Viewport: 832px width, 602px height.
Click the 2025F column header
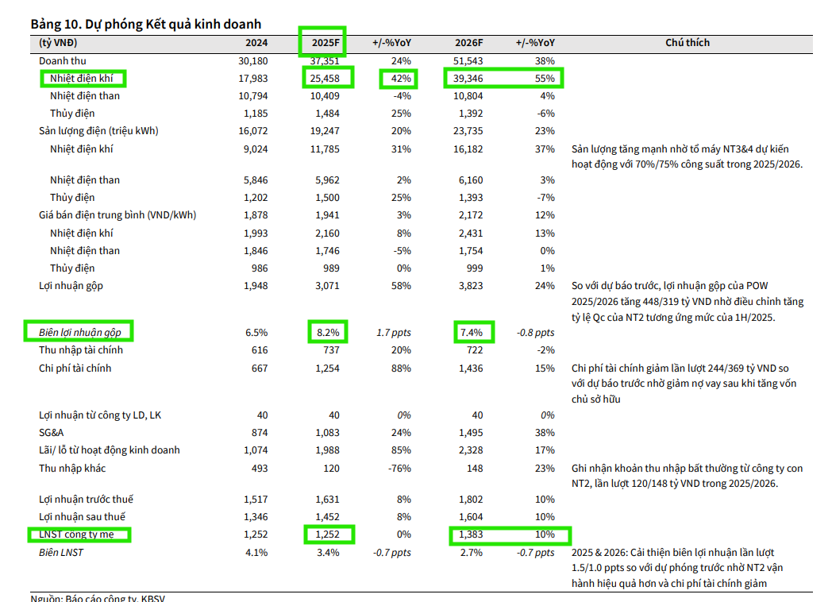click(x=325, y=42)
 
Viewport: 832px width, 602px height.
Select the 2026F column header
click(x=470, y=42)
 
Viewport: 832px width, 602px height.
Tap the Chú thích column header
click(x=688, y=42)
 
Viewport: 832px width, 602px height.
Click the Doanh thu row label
click(x=63, y=60)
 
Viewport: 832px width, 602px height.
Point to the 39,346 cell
click(x=470, y=78)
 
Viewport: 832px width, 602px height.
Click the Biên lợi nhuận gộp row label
click(x=81, y=330)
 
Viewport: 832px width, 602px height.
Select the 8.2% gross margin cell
click(x=328, y=332)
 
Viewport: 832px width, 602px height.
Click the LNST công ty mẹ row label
click(x=76, y=534)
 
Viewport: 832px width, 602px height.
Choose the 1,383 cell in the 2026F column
click(x=471, y=534)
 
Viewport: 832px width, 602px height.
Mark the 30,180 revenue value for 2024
click(x=252, y=60)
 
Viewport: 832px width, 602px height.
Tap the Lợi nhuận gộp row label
click(x=71, y=285)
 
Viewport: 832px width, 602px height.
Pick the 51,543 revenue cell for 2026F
click(x=470, y=60)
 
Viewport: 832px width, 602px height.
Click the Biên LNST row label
click(x=61, y=552)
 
